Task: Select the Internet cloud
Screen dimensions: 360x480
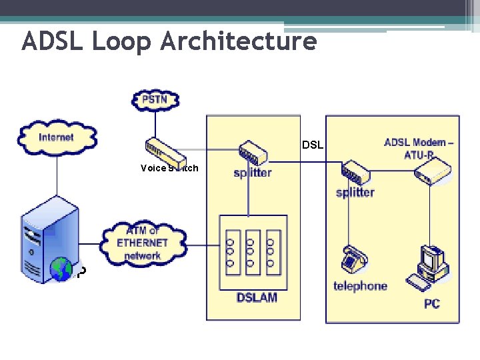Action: [x=57, y=138]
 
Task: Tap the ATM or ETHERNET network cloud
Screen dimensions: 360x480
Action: [x=143, y=243]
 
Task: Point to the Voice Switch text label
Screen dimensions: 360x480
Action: [x=169, y=168]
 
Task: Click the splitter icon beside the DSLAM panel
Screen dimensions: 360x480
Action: [x=253, y=153]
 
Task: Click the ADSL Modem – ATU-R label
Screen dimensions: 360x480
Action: [x=419, y=147]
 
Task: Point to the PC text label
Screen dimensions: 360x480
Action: [x=432, y=304]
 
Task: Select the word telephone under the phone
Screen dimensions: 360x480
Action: [x=360, y=286]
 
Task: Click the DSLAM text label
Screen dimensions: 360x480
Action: [x=256, y=297]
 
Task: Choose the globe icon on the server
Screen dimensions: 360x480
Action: [x=61, y=269]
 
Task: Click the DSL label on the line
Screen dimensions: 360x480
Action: [x=313, y=145]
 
